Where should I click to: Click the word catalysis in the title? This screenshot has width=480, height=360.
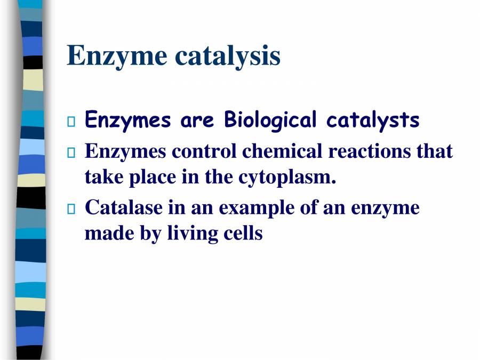(228, 55)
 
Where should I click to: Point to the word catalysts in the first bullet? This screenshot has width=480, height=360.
(373, 119)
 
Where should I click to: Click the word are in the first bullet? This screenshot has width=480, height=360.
(197, 121)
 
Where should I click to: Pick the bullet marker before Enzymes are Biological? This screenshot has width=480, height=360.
(72, 121)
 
